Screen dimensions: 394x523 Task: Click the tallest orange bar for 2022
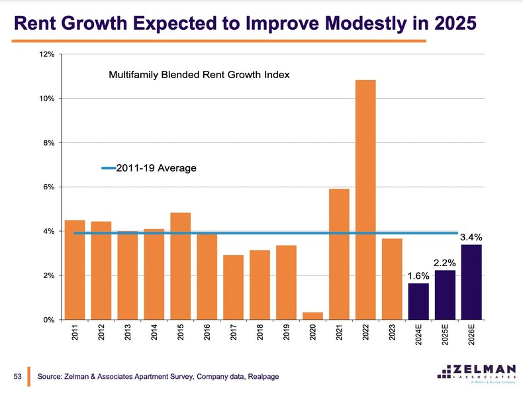365,199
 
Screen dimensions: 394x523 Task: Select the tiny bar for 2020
312,316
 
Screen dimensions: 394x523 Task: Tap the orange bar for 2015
180,266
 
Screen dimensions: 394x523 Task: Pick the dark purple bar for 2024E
418,301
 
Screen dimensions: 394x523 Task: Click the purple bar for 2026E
471,282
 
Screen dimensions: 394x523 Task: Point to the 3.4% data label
471,237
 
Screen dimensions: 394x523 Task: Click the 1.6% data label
418,275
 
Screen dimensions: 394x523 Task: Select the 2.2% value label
445,262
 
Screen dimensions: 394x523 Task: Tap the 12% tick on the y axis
46,54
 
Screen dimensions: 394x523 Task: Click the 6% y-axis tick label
48,187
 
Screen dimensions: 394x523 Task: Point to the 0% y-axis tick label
48,320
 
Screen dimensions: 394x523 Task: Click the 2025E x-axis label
445,336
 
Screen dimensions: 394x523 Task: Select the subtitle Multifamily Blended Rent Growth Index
199,75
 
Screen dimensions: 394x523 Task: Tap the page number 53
19,377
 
